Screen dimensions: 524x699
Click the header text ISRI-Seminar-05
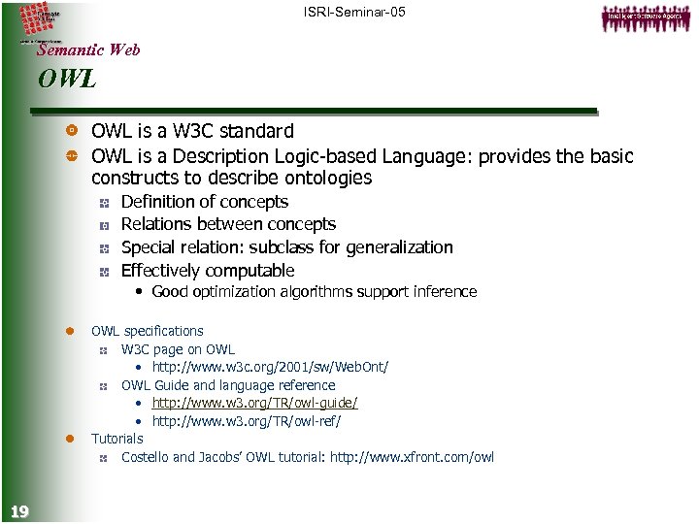click(x=354, y=12)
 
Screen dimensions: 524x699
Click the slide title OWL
click(x=67, y=80)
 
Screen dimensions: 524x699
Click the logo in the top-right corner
click(x=646, y=17)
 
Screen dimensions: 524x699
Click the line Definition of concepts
click(x=204, y=202)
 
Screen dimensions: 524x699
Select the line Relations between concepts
click(x=228, y=224)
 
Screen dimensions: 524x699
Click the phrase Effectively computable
click(x=207, y=271)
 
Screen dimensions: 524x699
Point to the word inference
click(x=445, y=291)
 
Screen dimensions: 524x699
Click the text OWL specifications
click(x=147, y=331)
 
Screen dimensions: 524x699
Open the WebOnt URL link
click(x=270, y=367)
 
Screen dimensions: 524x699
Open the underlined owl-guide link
click(x=254, y=403)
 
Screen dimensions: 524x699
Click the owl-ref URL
click(x=247, y=421)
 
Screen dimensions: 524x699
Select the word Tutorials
click(x=116, y=439)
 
